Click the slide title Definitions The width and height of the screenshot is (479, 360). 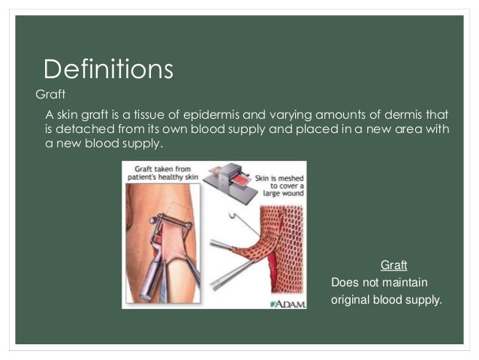(109, 70)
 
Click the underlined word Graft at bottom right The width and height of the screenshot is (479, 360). (393, 265)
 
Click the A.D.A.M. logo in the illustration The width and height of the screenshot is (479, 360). (287, 303)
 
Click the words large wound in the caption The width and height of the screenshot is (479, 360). (284, 192)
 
